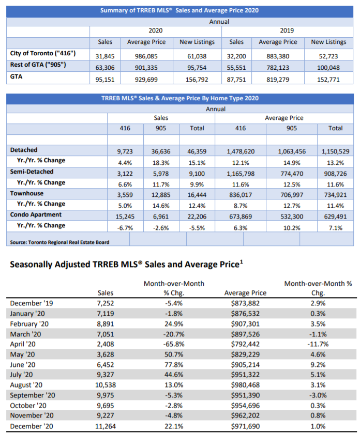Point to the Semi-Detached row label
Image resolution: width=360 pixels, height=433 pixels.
click(32, 172)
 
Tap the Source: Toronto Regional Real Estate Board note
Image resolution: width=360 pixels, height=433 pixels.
click(60, 242)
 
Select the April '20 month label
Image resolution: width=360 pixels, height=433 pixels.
click(24, 343)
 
